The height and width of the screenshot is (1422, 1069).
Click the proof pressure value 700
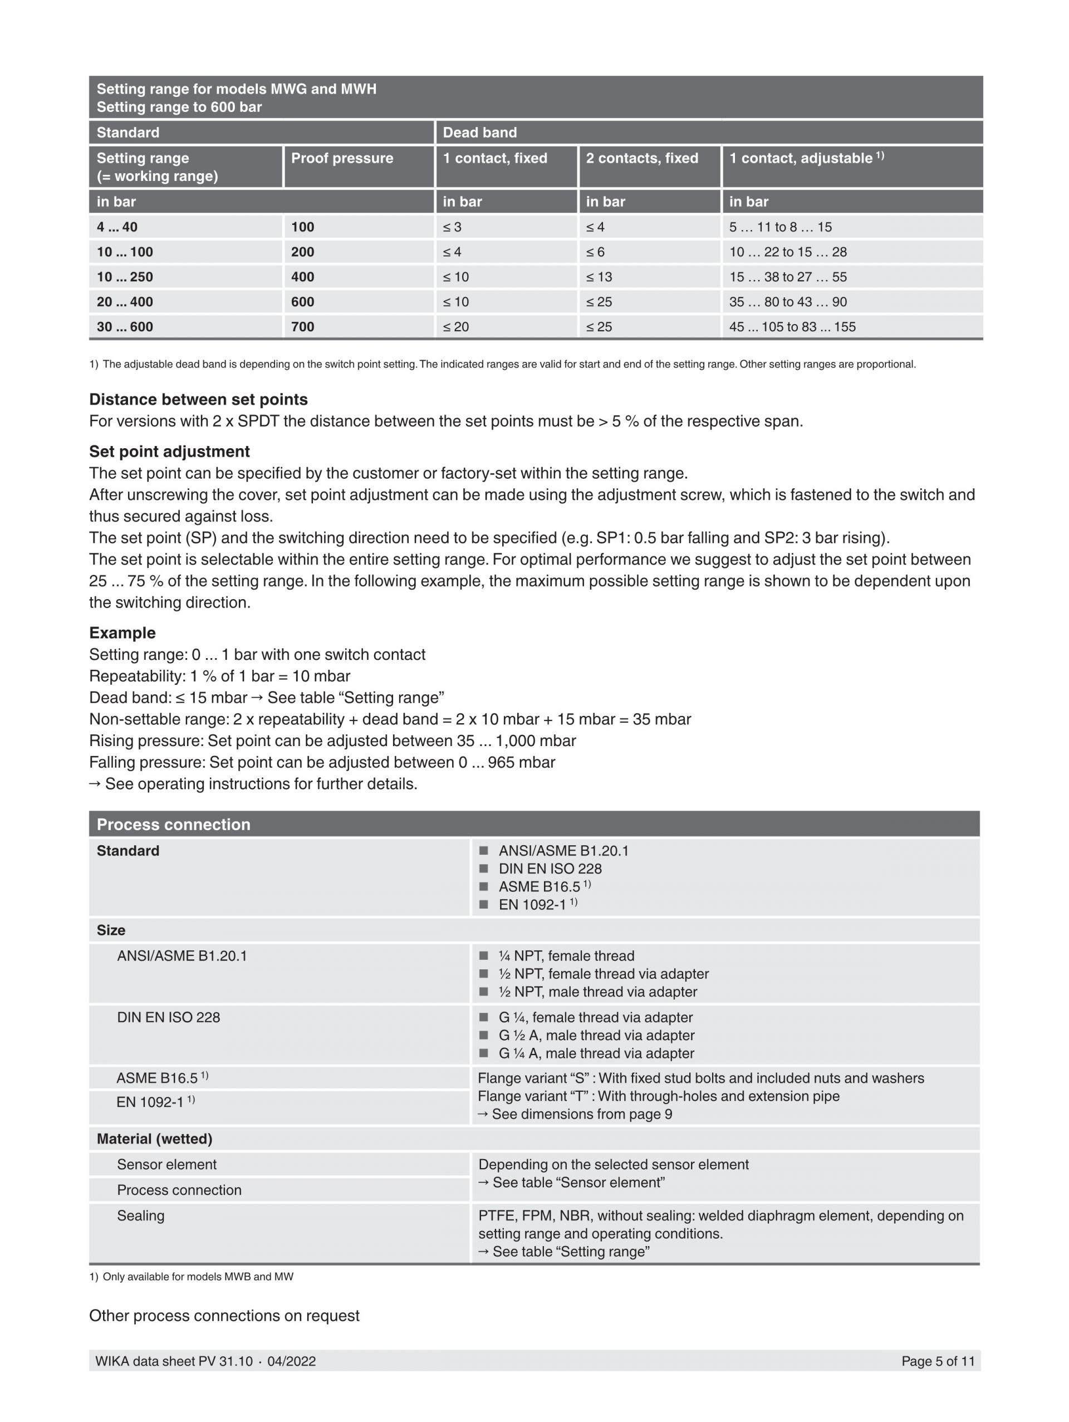[302, 327]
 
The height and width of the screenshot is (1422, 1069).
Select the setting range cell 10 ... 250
[125, 277]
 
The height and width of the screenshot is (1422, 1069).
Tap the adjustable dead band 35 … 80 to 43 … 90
[787, 302]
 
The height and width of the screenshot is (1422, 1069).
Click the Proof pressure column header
[341, 158]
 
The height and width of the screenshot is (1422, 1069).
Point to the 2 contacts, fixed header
[641, 158]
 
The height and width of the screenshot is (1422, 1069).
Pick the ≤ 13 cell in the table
[599, 277]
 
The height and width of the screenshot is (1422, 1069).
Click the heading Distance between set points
[198, 399]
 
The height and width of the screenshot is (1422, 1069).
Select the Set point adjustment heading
[169, 452]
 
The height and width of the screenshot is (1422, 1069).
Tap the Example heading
[122, 632]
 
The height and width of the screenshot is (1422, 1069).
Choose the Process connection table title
[173, 824]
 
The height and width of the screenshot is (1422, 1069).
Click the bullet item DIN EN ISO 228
[550, 869]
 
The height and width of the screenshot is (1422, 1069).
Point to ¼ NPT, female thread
[566, 956]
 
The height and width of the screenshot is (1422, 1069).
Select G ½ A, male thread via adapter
[596, 1035]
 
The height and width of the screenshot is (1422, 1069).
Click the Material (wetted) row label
[154, 1139]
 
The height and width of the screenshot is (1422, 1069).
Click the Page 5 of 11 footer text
[937, 1360]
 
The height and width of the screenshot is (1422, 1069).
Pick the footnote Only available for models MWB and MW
[197, 1277]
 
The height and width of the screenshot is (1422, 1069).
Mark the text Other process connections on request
[224, 1315]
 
